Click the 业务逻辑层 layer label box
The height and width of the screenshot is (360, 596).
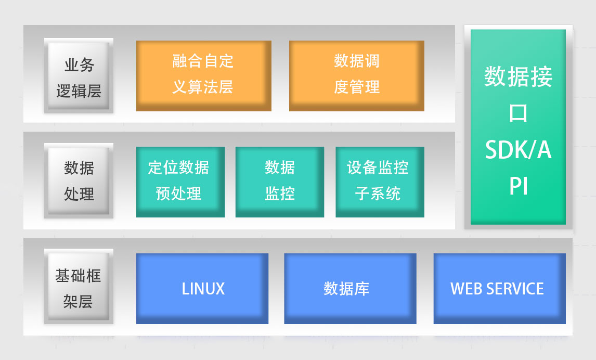(79, 76)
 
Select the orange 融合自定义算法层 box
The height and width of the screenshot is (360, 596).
(203, 75)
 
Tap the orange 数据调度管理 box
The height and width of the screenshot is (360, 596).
(356, 75)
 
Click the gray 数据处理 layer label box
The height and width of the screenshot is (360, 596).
(79, 181)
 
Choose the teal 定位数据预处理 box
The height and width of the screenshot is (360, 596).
(180, 182)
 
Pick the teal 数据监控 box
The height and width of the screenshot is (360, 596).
(279, 182)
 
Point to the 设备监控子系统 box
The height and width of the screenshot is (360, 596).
(380, 182)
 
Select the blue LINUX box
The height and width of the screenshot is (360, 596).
(202, 289)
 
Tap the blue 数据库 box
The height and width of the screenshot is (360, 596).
(350, 289)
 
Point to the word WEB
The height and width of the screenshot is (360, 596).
(464, 289)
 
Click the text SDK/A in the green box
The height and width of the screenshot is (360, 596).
(518, 150)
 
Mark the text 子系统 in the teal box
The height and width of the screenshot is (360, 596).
(378, 194)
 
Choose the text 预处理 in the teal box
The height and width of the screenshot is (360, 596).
(178, 194)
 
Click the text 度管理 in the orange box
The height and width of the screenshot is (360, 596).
(356, 87)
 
